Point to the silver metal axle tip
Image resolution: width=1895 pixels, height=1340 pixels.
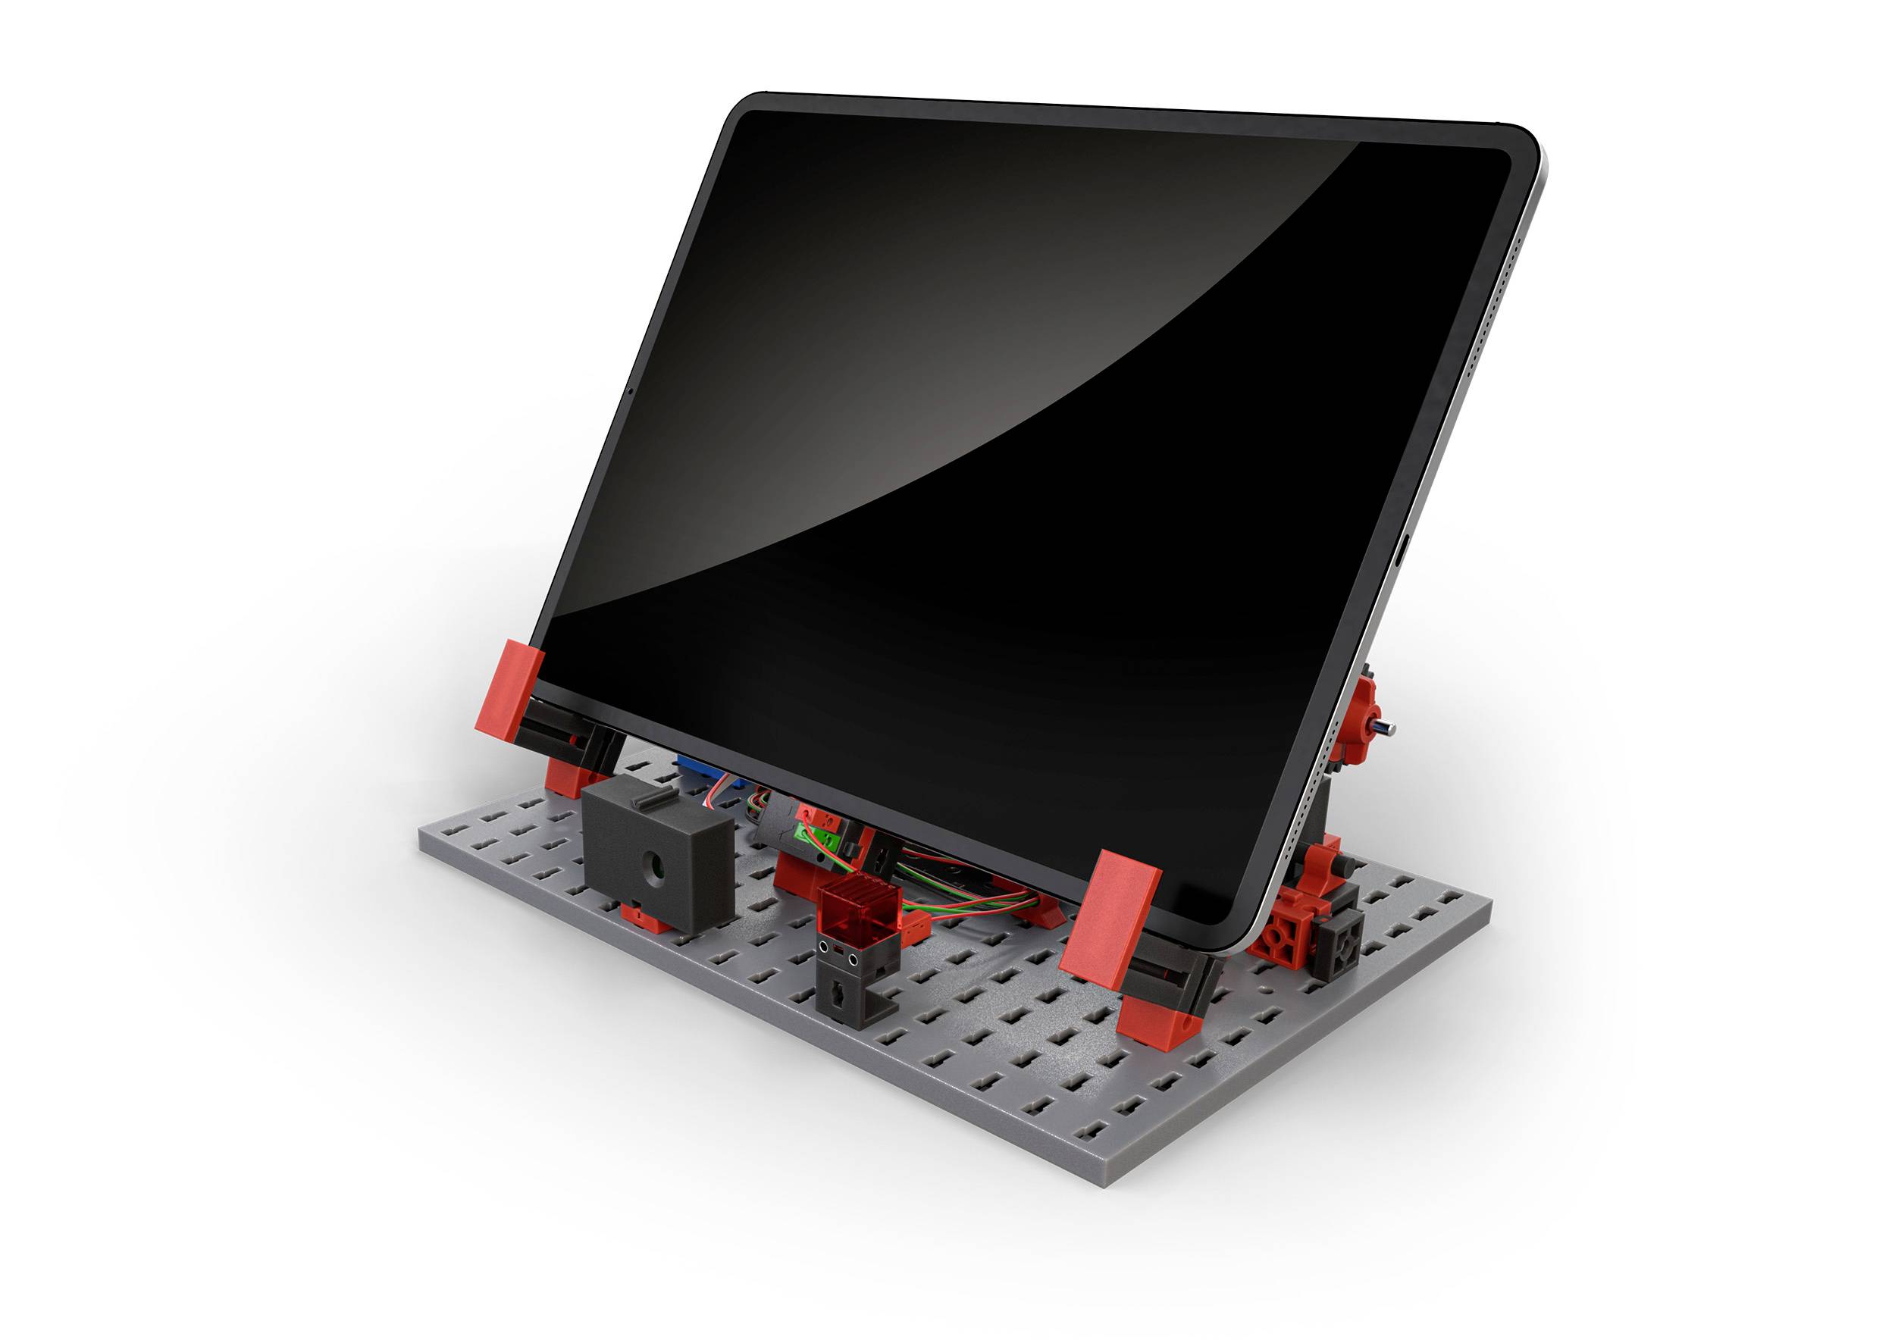pos(1387,728)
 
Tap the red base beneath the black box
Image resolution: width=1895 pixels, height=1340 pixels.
pos(644,918)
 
